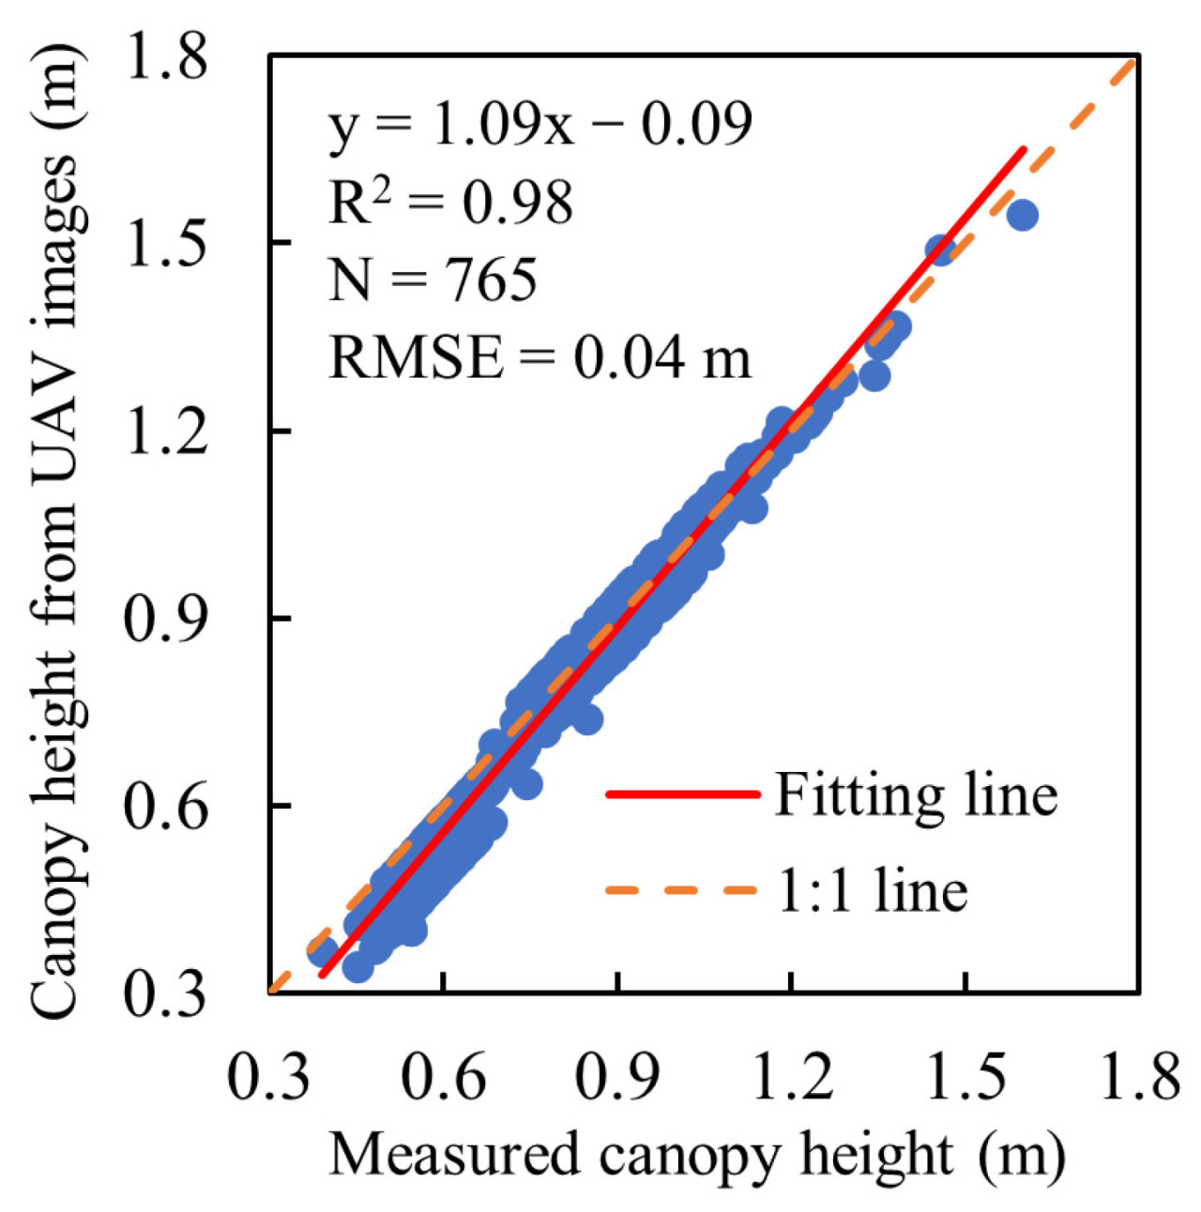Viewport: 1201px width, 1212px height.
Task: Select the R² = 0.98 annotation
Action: tap(450, 201)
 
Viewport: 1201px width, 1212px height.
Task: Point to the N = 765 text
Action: tap(433, 279)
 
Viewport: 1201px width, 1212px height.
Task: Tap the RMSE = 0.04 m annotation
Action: tap(540, 356)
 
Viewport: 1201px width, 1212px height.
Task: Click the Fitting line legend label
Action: tap(916, 795)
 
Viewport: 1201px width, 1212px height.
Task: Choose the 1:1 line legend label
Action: tap(873, 889)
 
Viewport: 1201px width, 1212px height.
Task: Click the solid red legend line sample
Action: tap(682, 795)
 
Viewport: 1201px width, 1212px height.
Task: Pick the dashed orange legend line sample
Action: tap(682, 888)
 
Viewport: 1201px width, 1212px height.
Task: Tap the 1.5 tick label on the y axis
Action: tap(166, 243)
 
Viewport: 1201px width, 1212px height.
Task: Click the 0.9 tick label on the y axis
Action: tap(166, 618)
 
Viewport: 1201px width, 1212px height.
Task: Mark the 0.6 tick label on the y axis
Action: tap(166, 805)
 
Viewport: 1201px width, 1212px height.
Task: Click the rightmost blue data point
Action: tap(1022, 215)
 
